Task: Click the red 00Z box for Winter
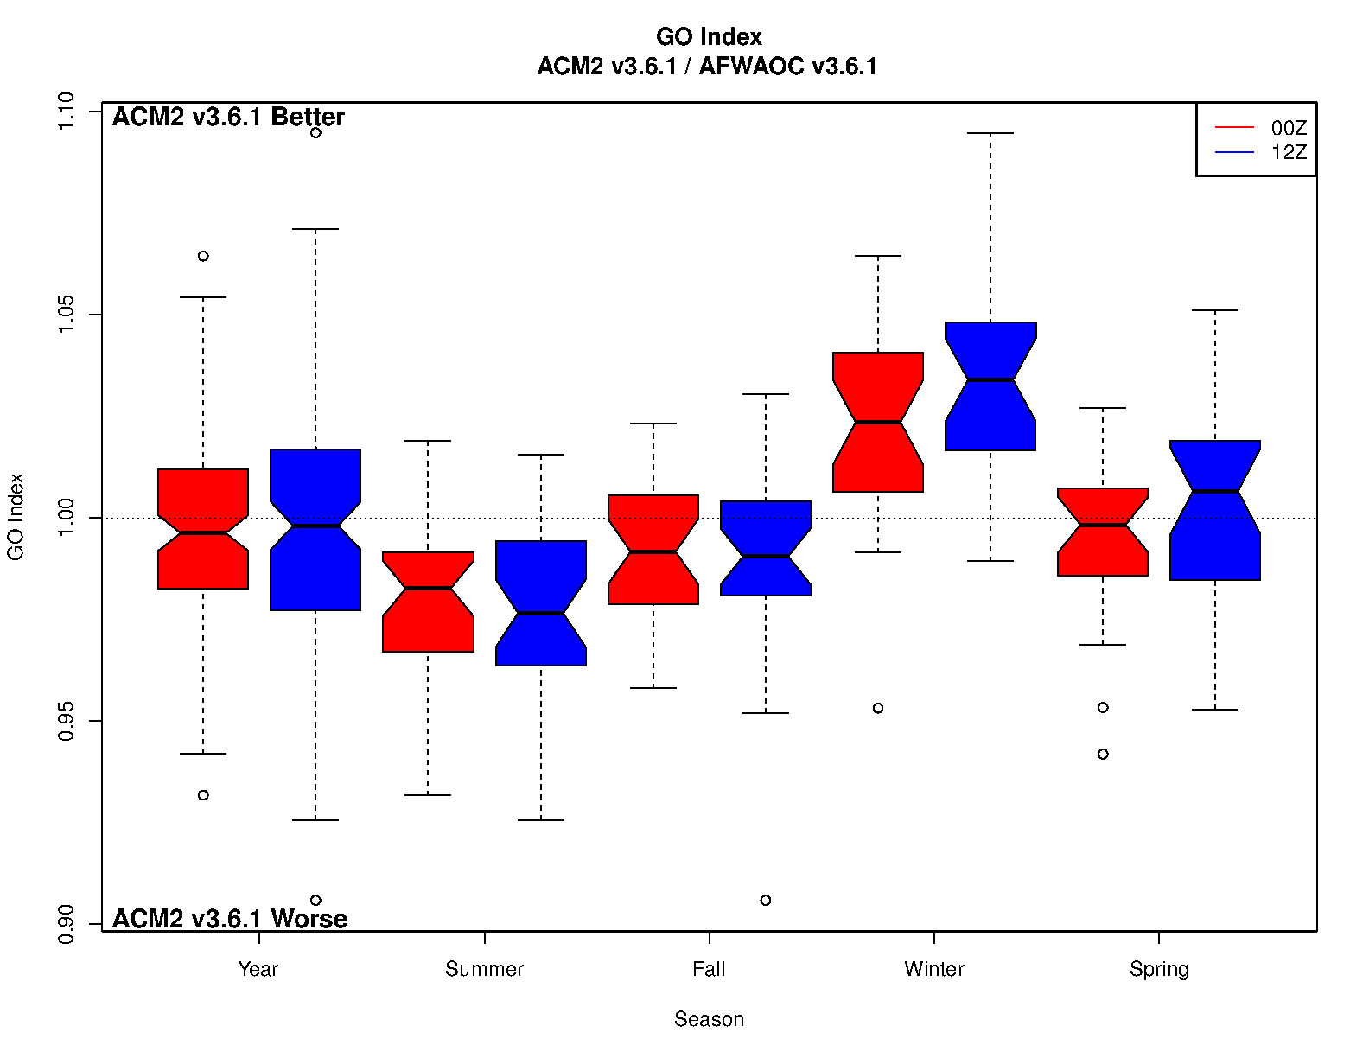(x=878, y=422)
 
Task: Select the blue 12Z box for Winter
(x=990, y=386)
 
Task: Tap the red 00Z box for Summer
(x=428, y=602)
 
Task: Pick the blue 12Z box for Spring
(x=1215, y=510)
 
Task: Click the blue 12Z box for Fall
(x=766, y=548)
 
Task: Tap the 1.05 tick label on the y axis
(x=66, y=315)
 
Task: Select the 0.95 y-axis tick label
(x=66, y=721)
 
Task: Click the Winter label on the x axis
(x=934, y=969)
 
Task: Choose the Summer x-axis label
(x=484, y=969)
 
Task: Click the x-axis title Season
(x=709, y=1019)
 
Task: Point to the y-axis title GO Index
(x=16, y=517)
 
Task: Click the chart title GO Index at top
(x=709, y=36)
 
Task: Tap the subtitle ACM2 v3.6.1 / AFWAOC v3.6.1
(x=707, y=67)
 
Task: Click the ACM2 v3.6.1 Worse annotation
(x=230, y=918)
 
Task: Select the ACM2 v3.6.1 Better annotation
(x=228, y=117)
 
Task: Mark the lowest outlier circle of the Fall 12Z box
(x=766, y=901)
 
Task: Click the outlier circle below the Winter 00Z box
(x=878, y=708)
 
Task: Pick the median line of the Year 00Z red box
(x=203, y=532)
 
